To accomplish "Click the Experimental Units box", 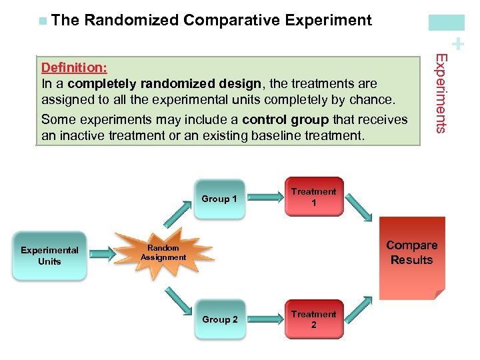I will pos(49,256).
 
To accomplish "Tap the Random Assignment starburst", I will pos(163,253).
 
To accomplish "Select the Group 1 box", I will pos(219,199).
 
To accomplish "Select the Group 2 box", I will pos(219,319).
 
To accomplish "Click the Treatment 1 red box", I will pos(313,197).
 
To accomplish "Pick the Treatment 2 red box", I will pos(313,319).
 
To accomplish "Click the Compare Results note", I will pos(411,255).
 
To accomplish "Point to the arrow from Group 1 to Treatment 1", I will pos(266,197).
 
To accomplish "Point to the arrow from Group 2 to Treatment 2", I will pos(266,319).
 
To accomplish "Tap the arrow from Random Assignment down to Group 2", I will pos(177,298).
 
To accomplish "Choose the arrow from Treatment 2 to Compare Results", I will pos(360,309).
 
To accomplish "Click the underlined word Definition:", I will pos(75,67).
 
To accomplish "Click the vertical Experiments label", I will pos(441,93).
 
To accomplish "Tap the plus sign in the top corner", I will pos(457,45).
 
